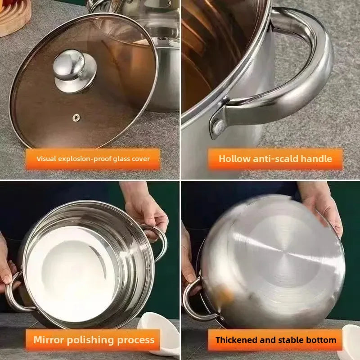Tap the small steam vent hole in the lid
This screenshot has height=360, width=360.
coord(76,117)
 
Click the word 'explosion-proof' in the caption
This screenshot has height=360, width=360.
coord(85,159)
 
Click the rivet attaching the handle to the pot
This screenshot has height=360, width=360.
coord(218,128)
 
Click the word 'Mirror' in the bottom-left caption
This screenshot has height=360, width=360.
coord(49,340)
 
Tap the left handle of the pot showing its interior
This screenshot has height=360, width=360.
coord(13,292)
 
